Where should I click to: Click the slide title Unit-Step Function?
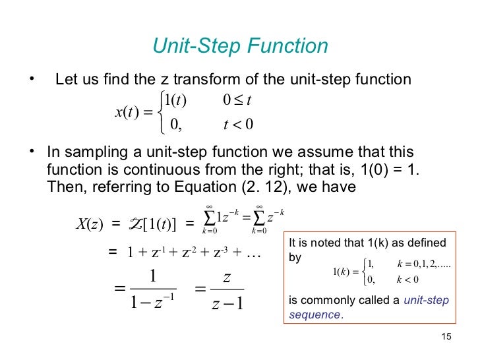point(240,46)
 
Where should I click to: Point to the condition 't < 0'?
point(239,124)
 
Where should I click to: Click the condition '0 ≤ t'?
point(239,100)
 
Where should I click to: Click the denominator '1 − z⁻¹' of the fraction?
point(152,303)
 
